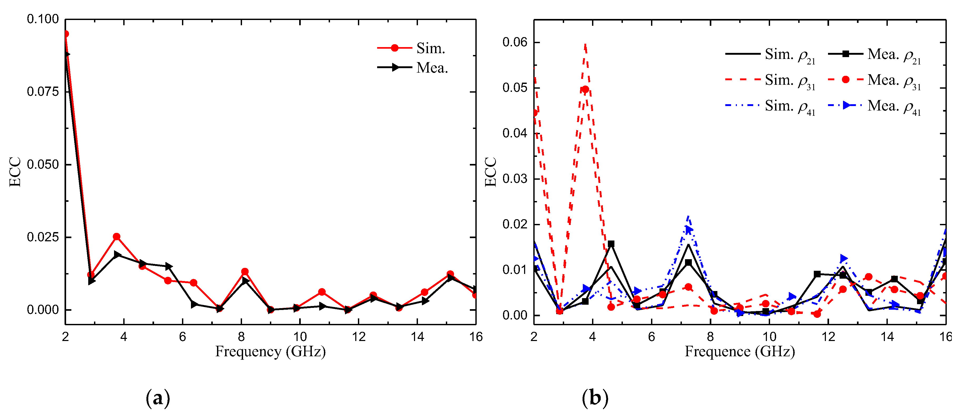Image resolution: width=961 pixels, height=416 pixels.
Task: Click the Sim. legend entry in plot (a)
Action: [x=412, y=48]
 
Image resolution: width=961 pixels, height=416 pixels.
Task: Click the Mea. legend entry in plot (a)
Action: [x=412, y=67]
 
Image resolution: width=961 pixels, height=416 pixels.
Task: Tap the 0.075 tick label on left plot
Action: [x=43, y=91]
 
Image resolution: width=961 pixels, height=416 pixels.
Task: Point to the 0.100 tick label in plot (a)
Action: [x=43, y=19]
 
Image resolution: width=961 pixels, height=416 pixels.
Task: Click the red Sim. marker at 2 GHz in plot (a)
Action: [x=66, y=34]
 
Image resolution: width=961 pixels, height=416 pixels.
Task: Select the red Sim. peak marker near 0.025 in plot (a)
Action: [x=116, y=236]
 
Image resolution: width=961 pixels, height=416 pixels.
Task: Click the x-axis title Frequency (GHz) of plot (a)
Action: [x=270, y=352]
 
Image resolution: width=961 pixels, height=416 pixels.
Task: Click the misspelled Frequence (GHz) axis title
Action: [x=740, y=352]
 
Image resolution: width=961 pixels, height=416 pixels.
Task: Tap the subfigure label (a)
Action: [x=158, y=398]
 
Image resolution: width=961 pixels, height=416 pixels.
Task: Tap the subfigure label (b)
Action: [x=595, y=398]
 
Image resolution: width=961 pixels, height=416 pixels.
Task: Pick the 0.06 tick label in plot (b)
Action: [x=515, y=42]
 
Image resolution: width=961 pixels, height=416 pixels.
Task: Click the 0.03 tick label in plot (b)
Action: [x=515, y=179]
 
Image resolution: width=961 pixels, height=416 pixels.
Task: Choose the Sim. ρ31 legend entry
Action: [x=770, y=80]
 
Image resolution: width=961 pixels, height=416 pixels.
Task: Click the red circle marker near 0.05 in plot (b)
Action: [x=585, y=89]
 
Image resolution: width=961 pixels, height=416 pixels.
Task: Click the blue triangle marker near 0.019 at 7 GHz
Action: [x=689, y=230]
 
